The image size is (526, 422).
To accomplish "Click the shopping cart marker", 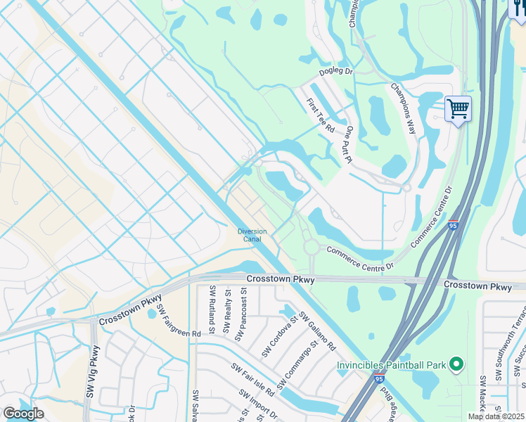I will [458, 110].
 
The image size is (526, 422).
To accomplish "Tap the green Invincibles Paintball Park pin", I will [456, 364].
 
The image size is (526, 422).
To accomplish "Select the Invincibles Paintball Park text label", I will [392, 365].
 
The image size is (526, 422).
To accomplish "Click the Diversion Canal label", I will [251, 235].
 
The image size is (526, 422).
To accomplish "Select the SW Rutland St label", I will [212, 309].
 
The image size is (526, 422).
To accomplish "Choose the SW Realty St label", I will [227, 311].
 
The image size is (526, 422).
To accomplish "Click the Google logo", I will [23, 413].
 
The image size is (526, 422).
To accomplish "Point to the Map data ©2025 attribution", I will [496, 416].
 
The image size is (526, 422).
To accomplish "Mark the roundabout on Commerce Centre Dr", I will [311, 248].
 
